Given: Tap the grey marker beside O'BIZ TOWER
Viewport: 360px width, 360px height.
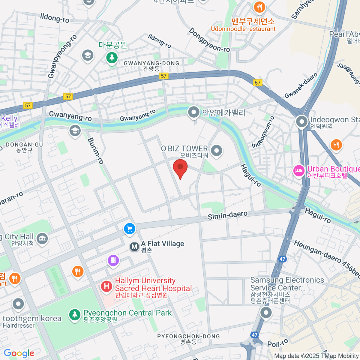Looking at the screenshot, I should pyautogui.click(x=216, y=151).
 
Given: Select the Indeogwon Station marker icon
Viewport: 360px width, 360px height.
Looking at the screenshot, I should pyautogui.click(x=302, y=122).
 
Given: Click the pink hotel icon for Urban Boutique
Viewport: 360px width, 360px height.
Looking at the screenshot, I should pyautogui.click(x=298, y=171).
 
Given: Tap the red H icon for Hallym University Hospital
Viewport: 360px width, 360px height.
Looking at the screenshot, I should pyautogui.click(x=106, y=286).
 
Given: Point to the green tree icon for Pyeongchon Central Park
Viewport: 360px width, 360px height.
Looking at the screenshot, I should pyautogui.click(x=74, y=314).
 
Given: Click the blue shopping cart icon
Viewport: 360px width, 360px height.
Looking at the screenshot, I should pyautogui.click(x=130, y=229).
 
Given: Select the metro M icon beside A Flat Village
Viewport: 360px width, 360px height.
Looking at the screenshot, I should pyautogui.click(x=134, y=247).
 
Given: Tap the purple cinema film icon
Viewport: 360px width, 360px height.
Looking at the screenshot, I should pyautogui.click(x=113, y=260).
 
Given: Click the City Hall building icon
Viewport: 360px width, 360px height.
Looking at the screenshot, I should pyautogui.click(x=42, y=239).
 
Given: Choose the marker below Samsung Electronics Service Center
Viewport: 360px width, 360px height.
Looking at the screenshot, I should pyautogui.click(x=266, y=313).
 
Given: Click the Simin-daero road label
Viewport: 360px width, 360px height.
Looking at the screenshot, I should pyautogui.click(x=228, y=215).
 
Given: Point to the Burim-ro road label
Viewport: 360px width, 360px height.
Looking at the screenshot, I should pyautogui.click(x=96, y=151).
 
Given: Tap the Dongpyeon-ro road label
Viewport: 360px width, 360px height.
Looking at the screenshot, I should pyautogui.click(x=209, y=40).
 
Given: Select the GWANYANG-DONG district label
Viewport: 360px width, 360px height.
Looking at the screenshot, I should pyautogui.click(x=151, y=63).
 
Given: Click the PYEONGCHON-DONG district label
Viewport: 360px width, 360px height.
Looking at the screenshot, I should pyautogui.click(x=188, y=336).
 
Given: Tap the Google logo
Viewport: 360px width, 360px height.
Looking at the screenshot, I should pyautogui.click(x=19, y=353).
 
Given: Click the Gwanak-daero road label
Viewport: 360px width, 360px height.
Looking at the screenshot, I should pyautogui.click(x=301, y=85).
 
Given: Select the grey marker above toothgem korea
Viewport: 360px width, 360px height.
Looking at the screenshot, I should pyautogui.click(x=18, y=304).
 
